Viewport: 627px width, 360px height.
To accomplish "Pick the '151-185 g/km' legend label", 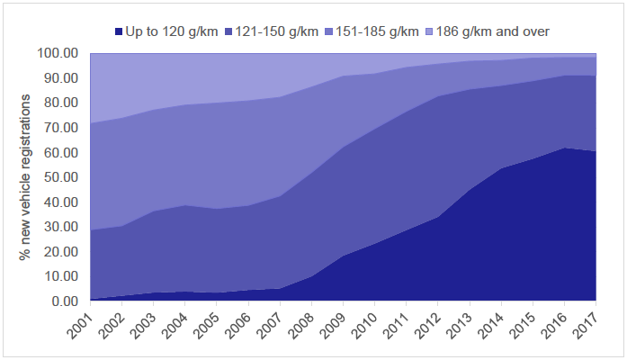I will tap(387, 31).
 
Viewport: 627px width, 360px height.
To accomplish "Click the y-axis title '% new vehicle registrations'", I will tap(27, 175).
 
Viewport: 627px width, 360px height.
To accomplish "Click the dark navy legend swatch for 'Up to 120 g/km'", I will tap(119, 31).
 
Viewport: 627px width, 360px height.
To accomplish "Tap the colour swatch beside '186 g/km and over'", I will tap(437, 31).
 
